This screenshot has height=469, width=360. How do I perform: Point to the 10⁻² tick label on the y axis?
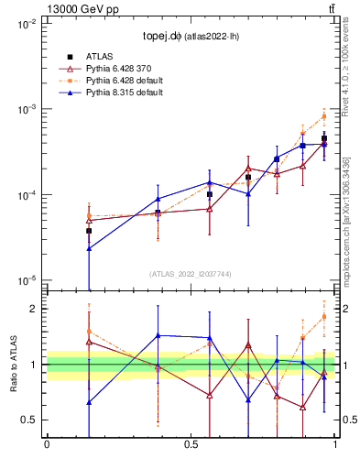point(27,25)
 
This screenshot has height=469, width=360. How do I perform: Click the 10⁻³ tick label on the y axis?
point(27,110)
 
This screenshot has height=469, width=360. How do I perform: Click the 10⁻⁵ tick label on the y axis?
point(27,280)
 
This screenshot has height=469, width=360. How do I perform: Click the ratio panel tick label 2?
point(35,309)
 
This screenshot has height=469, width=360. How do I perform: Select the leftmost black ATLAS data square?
point(89,231)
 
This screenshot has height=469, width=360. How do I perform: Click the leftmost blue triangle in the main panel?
point(89,248)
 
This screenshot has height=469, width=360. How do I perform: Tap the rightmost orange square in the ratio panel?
point(324,317)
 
